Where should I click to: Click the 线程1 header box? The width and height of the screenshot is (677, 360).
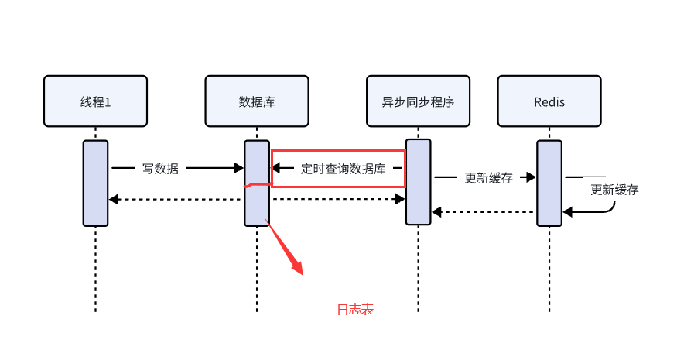[95, 101]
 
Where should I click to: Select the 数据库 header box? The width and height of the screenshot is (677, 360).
[256, 101]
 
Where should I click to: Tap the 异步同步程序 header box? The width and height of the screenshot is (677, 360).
[418, 101]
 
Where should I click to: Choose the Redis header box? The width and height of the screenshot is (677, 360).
[549, 101]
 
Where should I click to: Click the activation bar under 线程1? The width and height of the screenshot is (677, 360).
[95, 183]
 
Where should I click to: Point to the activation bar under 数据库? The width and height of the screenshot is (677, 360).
[256, 183]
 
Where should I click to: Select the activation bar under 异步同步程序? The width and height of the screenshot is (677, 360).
[418, 183]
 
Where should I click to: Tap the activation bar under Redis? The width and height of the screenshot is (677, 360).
[549, 183]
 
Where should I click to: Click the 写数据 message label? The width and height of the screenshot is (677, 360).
[160, 168]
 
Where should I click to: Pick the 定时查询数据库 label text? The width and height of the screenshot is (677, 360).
[343, 168]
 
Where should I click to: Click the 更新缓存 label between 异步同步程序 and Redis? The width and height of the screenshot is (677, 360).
[488, 177]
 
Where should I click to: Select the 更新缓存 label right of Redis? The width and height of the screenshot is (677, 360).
[614, 190]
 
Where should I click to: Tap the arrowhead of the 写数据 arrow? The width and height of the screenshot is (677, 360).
[239, 167]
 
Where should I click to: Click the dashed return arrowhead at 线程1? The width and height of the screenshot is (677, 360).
[114, 200]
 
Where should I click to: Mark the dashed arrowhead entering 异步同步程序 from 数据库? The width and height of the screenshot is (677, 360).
[401, 200]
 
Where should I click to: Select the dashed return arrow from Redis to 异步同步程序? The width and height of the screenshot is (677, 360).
[483, 211]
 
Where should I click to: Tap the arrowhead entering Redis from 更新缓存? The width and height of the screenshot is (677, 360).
[532, 177]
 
